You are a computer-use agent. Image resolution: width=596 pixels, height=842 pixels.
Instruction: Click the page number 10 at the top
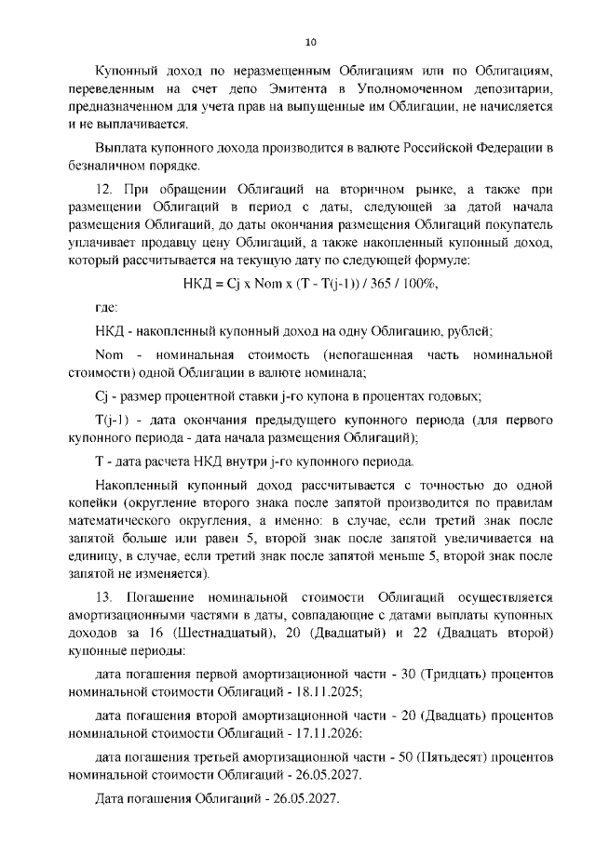coord(311,42)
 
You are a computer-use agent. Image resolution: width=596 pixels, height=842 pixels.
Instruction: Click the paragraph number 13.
coord(105,595)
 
